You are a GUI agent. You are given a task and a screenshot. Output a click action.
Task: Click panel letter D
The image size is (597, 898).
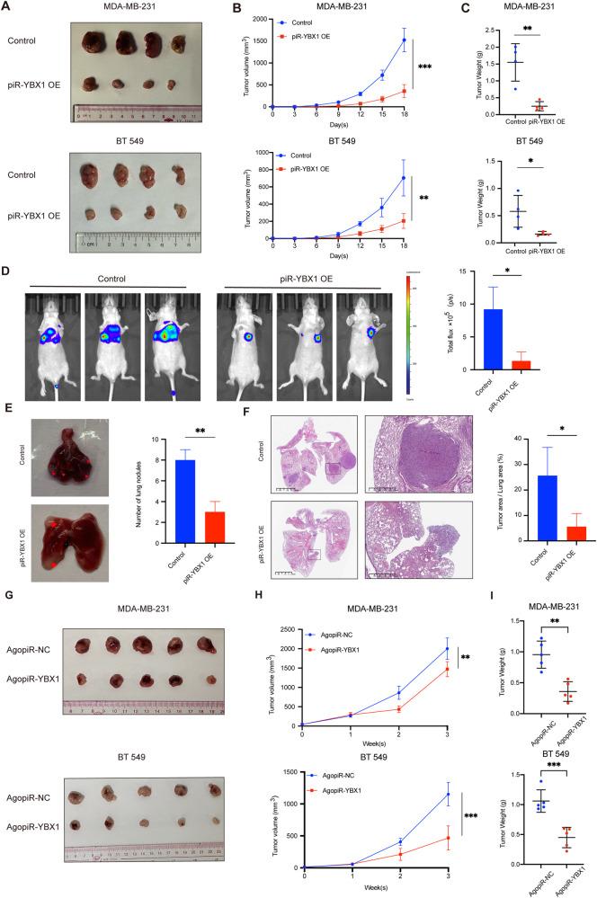coord(8,266)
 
